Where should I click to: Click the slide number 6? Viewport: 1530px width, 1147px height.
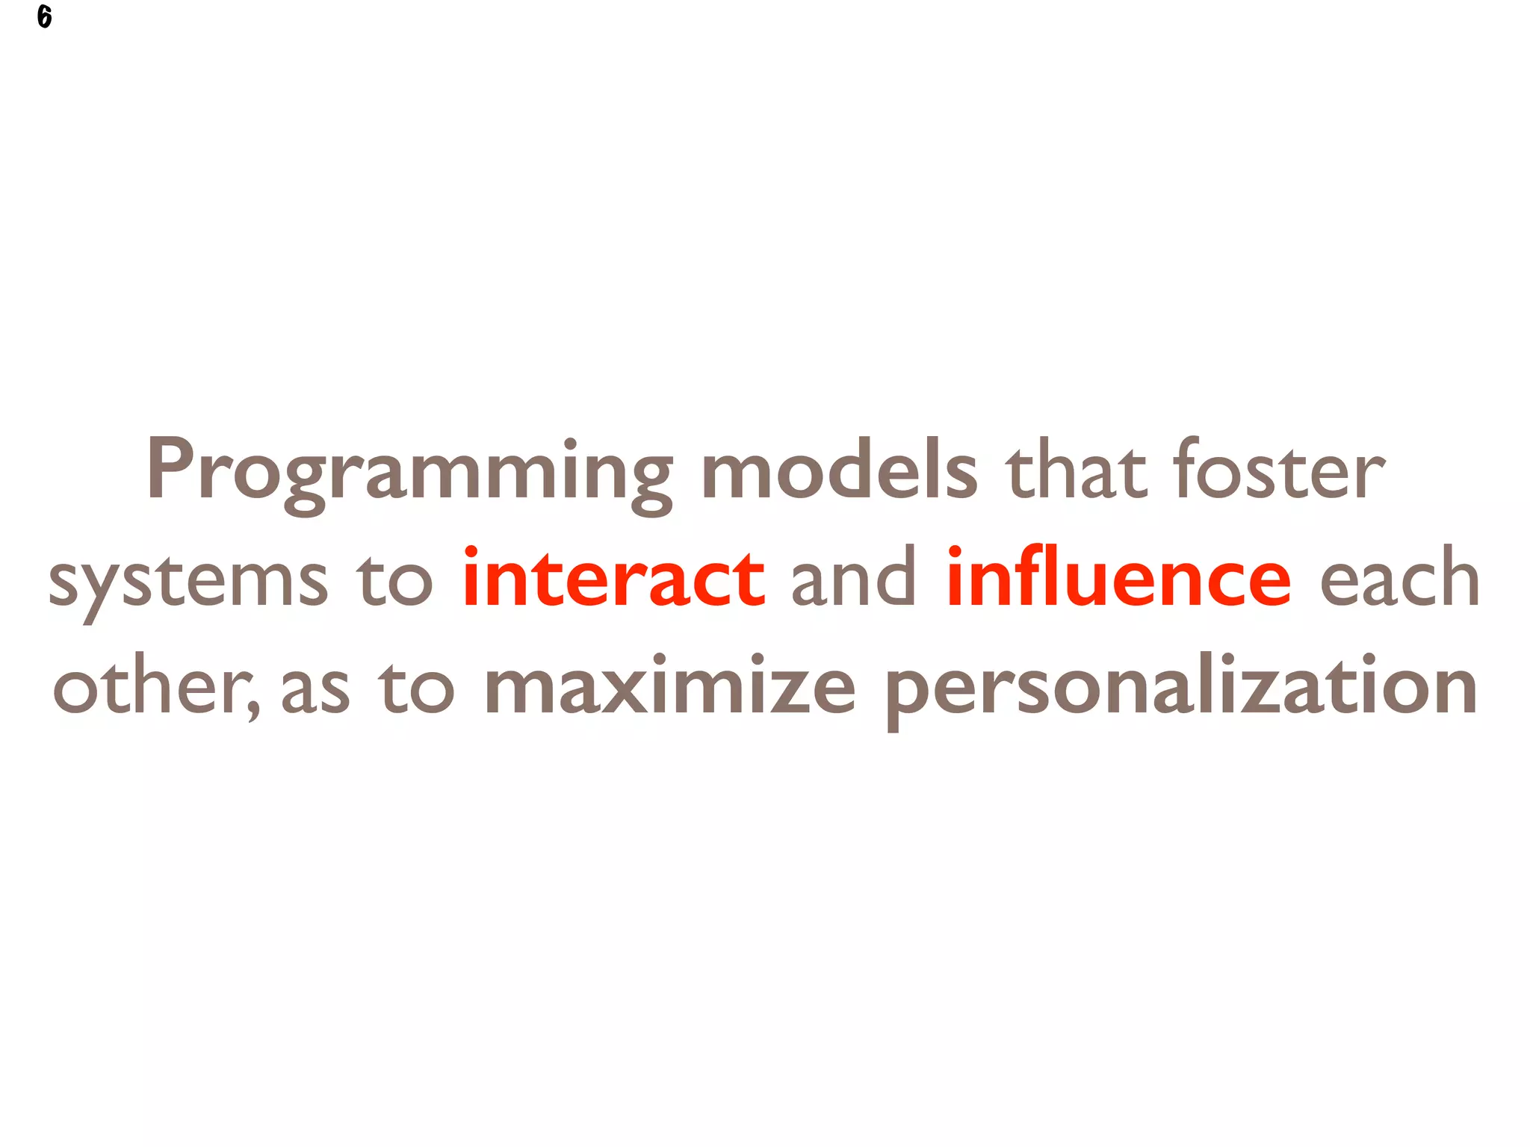[44, 16]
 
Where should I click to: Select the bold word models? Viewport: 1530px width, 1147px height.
[839, 470]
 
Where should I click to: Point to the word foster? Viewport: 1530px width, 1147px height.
[1279, 470]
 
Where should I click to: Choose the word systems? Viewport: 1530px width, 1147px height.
[188, 582]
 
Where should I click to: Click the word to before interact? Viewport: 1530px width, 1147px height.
[394, 580]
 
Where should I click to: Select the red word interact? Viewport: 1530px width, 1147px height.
[613, 578]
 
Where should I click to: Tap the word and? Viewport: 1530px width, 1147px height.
[854, 578]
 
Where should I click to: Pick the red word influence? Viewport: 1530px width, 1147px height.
[1118, 578]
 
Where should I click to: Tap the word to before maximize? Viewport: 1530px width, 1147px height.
[415, 687]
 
